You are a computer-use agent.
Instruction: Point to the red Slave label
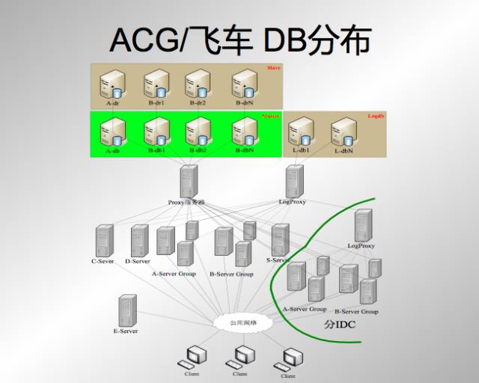[x=273, y=68]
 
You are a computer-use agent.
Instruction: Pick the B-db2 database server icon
[x=198, y=131]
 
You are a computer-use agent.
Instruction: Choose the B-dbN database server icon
[x=245, y=131]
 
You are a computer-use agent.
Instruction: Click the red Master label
[x=271, y=117]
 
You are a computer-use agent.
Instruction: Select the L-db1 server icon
[x=301, y=132]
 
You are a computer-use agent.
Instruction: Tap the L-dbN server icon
[x=343, y=132]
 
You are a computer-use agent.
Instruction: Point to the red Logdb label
[x=376, y=117]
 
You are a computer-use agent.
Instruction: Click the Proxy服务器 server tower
[x=188, y=182]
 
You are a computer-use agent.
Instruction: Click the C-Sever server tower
[x=104, y=240]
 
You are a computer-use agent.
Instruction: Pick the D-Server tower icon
[x=139, y=240]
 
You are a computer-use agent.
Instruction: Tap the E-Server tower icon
[x=127, y=310]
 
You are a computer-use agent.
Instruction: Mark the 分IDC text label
[x=339, y=325]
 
